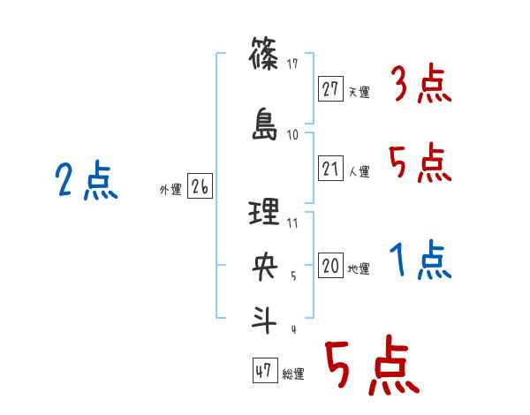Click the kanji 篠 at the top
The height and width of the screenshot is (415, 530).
tap(265, 58)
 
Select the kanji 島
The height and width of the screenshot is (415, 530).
tap(265, 124)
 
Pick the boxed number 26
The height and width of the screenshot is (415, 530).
tap(200, 187)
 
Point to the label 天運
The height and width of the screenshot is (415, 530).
tap(359, 92)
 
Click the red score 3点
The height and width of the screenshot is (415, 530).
tap(420, 86)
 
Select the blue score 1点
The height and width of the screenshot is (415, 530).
tap(420, 261)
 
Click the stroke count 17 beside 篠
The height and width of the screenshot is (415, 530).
tap(293, 64)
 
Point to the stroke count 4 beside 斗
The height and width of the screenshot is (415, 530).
tap(292, 329)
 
